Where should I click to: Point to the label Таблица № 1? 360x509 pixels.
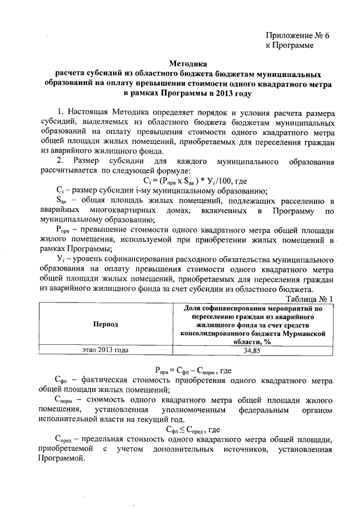311,299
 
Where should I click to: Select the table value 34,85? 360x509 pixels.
253,350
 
